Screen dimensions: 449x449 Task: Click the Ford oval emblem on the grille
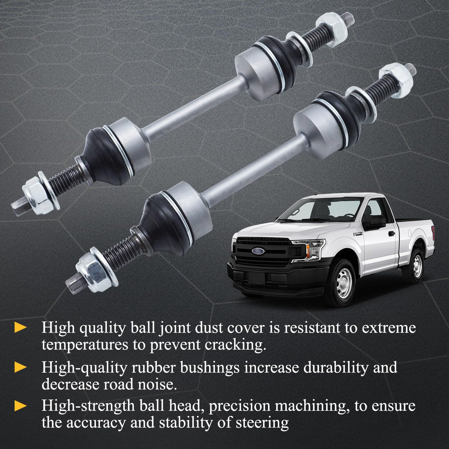click(x=258, y=251)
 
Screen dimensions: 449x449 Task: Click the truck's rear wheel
click(x=417, y=266)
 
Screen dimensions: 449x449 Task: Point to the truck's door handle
click(x=392, y=233)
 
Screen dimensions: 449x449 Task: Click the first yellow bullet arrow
click(x=20, y=327)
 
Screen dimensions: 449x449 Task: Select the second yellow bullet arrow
click(x=20, y=368)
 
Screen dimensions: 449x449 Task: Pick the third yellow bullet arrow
click(x=20, y=406)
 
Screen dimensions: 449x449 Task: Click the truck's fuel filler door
click(x=411, y=233)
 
